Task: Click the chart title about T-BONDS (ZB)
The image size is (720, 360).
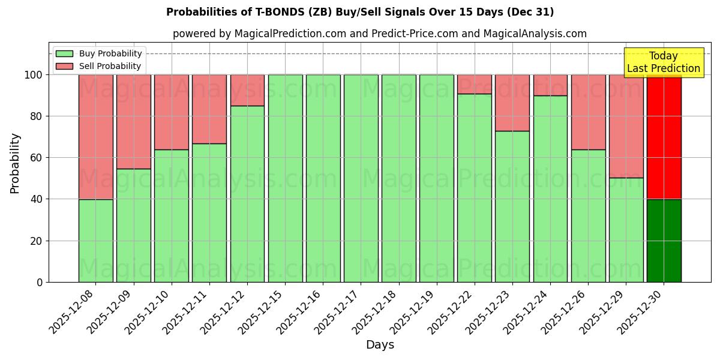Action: (x=360, y=12)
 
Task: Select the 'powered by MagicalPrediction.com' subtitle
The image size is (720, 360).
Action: (x=379, y=34)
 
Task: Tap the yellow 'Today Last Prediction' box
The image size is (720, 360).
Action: (x=663, y=62)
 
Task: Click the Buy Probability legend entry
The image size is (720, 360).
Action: (x=99, y=53)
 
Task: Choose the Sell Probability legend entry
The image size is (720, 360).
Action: (x=99, y=66)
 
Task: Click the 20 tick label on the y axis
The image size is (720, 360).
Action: (x=37, y=241)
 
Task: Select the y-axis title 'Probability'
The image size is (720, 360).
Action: (x=15, y=163)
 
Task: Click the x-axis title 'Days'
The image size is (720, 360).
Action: (x=380, y=345)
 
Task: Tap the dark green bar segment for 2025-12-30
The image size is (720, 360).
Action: (x=664, y=241)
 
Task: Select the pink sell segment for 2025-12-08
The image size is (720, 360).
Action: (x=96, y=137)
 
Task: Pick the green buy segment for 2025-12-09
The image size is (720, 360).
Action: (x=134, y=225)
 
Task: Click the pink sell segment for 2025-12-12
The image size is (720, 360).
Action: (x=247, y=90)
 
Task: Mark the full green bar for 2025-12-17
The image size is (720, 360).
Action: (x=361, y=178)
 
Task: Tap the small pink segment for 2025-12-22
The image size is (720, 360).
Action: (x=474, y=84)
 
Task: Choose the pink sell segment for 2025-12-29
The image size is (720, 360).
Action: (x=626, y=126)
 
